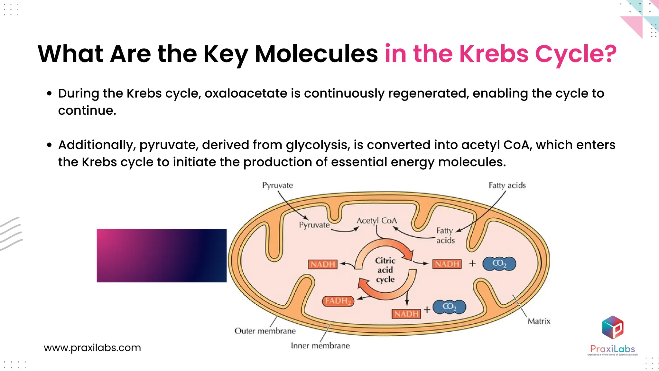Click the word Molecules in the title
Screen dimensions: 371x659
[x=316, y=53]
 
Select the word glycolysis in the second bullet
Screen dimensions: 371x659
[x=318, y=145]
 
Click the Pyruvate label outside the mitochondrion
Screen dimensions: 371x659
[x=277, y=185]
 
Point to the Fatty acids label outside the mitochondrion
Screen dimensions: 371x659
[x=507, y=185]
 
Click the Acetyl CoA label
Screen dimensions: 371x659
[x=376, y=221]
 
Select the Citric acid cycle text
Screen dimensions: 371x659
[x=385, y=270]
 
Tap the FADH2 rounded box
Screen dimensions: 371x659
[x=338, y=301]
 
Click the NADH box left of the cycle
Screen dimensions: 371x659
[x=323, y=264]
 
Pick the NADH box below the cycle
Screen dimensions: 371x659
[x=406, y=314]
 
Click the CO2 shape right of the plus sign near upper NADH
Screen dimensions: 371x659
[x=499, y=264]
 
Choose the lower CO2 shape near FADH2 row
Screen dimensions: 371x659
[x=449, y=307]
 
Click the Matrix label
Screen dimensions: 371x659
[x=539, y=321]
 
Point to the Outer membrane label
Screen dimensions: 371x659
[x=265, y=331]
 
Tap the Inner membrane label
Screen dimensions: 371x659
[x=320, y=346]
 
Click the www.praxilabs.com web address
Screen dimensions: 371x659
[x=92, y=348]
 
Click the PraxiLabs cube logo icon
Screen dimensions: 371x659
[x=613, y=327]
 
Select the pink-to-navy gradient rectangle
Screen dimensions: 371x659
[x=162, y=256]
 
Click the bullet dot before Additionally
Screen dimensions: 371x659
[x=49, y=145]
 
